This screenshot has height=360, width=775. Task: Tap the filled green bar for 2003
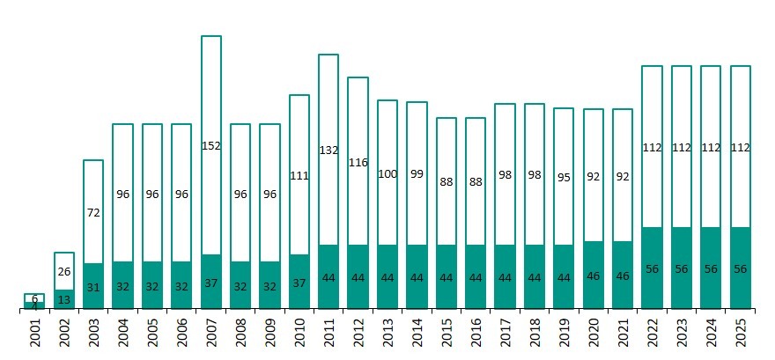coord(93,285)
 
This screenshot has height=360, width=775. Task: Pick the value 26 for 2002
coord(63,271)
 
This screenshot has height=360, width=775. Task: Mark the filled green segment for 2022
coord(652,268)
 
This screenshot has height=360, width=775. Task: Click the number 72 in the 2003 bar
coord(93,212)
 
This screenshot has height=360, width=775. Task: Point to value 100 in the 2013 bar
coord(387,174)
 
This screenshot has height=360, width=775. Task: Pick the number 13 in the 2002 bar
coord(63,299)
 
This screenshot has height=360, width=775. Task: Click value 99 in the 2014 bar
coord(417,174)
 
